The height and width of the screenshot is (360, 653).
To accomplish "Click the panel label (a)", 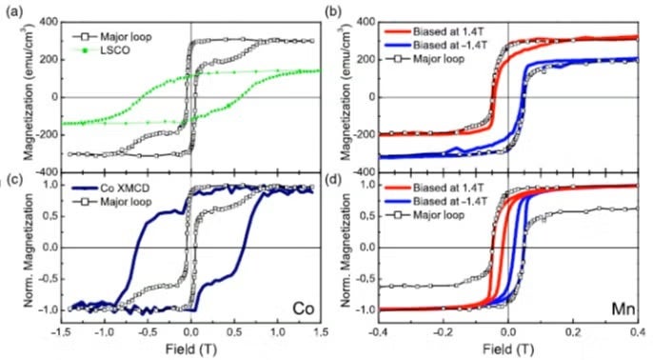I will (x=13, y=9).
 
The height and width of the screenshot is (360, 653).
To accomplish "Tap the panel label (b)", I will (x=335, y=9).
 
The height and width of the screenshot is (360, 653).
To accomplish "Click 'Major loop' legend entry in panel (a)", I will (x=114, y=36).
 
